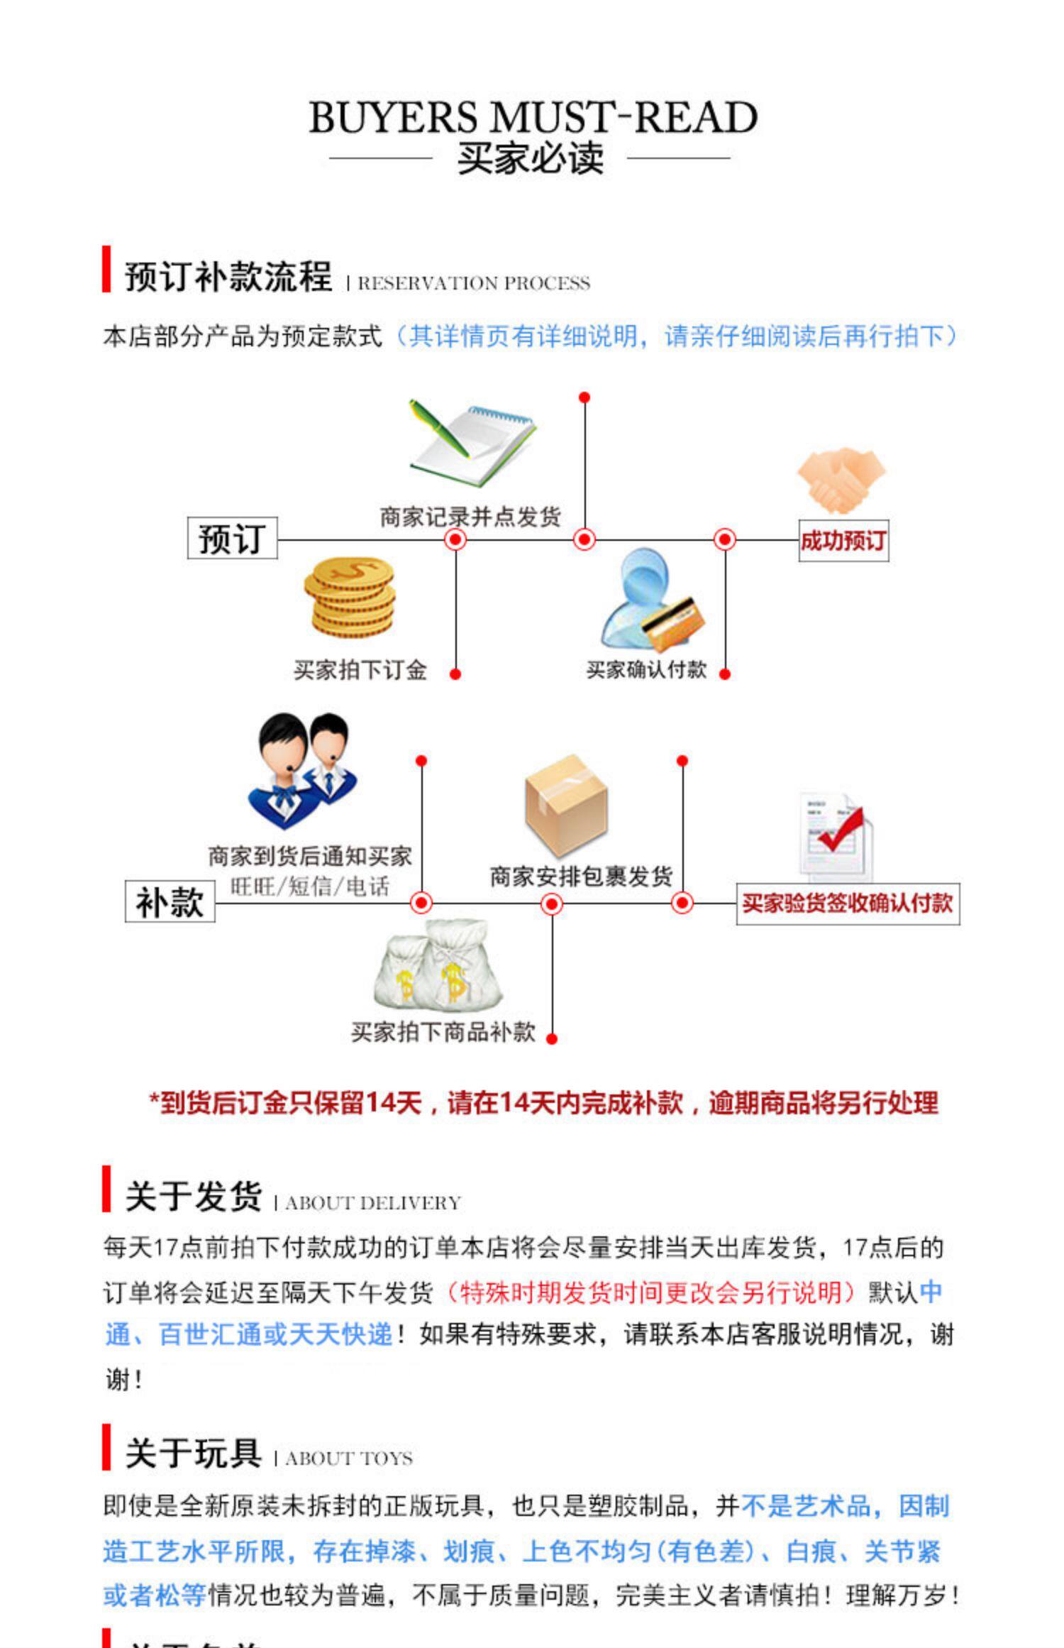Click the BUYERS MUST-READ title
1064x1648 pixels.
[533, 117]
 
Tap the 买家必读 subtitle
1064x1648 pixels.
[531, 158]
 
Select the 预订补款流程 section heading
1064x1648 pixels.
[228, 276]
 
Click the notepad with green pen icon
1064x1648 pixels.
[471, 443]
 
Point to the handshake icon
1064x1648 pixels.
[841, 480]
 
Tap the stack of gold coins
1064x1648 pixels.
[350, 597]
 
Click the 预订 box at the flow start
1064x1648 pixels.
[232, 539]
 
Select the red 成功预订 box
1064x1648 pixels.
[843, 541]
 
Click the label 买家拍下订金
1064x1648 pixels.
[360, 670]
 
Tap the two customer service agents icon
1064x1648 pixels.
[303, 770]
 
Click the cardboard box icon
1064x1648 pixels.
[566, 805]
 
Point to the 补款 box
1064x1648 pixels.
[170, 903]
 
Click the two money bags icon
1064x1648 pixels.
[437, 964]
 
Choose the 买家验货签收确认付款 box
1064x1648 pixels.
[848, 903]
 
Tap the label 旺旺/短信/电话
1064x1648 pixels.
[310, 886]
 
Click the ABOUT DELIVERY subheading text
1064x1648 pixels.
[373, 1203]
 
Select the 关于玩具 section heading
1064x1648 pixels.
[194, 1454]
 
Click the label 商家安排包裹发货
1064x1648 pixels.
[581, 877]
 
